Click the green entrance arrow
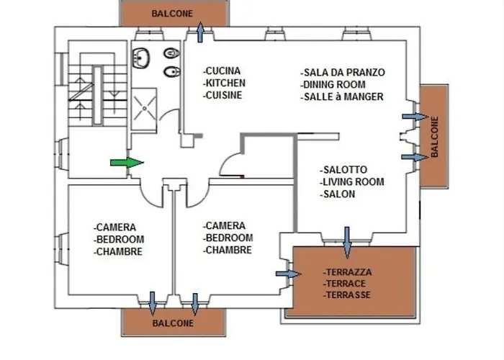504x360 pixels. pyautogui.click(x=122, y=163)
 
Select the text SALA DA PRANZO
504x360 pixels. pyautogui.click(x=344, y=73)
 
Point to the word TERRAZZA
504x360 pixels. pyautogui.click(x=348, y=273)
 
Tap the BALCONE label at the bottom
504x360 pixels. pyautogui.click(x=173, y=324)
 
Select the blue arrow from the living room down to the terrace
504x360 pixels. pyautogui.click(x=347, y=242)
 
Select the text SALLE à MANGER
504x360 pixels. pyautogui.click(x=343, y=96)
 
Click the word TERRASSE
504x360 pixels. pyautogui.click(x=348, y=295)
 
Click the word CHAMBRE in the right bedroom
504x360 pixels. pyautogui.click(x=229, y=250)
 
